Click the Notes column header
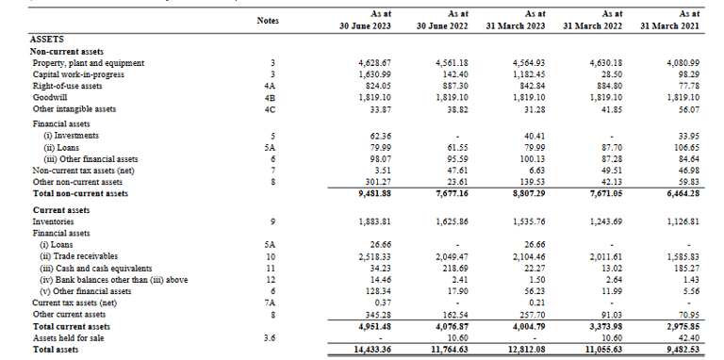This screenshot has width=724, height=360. tap(269, 20)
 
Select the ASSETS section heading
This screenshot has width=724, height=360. tap(47, 39)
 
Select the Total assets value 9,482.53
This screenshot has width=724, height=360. tap(681, 350)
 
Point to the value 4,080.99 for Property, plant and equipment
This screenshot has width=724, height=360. tap(681, 62)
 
